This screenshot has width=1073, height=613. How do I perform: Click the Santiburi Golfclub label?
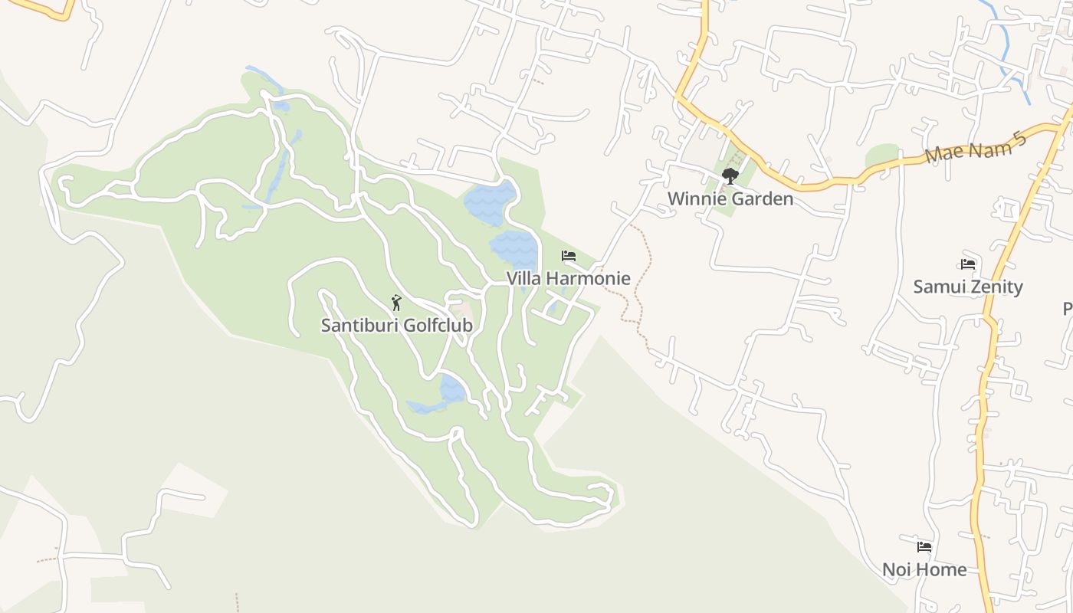click(x=396, y=325)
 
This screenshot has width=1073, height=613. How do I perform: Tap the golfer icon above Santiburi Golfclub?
click(x=396, y=303)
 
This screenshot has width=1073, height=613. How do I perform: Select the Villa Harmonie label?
click(x=568, y=278)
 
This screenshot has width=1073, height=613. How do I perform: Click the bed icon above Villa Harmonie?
click(x=568, y=256)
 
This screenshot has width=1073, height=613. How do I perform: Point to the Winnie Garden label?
click(x=730, y=198)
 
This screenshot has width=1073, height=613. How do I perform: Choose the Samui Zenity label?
click(x=967, y=287)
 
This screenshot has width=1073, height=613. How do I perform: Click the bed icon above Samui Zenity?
click(x=967, y=264)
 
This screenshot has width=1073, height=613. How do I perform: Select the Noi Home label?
click(x=924, y=569)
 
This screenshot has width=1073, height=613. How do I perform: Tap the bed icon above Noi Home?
click(x=924, y=547)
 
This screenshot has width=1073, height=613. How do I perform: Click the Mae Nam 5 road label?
click(x=975, y=147)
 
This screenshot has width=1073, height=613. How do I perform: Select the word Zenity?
click(x=995, y=287)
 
